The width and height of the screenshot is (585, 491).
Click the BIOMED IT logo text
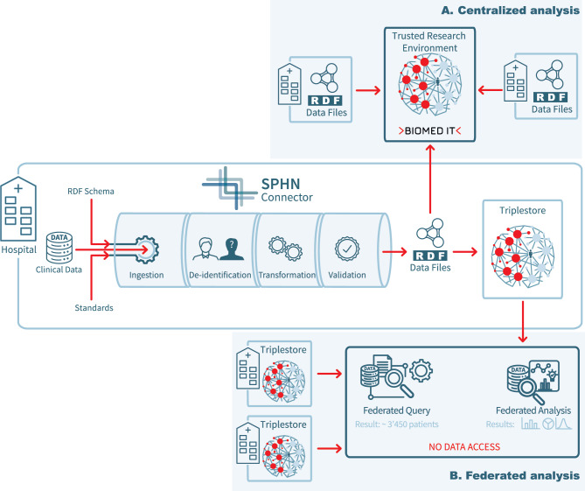430,130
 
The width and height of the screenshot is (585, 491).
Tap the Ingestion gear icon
147,249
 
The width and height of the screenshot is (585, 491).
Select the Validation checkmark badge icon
347,249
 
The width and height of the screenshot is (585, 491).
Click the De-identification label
220,275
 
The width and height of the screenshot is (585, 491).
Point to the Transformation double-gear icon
285,249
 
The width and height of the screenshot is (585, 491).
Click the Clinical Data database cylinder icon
59,248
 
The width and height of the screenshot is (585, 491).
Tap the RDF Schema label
91,191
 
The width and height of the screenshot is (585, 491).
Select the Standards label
94,308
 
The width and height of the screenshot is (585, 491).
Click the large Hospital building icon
18,209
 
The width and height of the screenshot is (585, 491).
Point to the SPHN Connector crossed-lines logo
229,188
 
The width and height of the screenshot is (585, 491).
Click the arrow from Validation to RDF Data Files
394,252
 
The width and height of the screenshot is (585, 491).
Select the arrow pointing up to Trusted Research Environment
430,179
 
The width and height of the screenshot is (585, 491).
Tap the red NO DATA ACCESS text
464,447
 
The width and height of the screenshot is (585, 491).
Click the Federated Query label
397,410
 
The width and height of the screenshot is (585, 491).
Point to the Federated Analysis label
533,410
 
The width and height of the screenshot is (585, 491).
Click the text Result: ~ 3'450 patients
397,424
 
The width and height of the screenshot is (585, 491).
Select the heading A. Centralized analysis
511,11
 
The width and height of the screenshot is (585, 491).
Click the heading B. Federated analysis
515,476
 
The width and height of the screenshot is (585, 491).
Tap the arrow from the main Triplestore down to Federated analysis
523,321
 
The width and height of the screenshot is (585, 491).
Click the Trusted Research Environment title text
429,42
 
